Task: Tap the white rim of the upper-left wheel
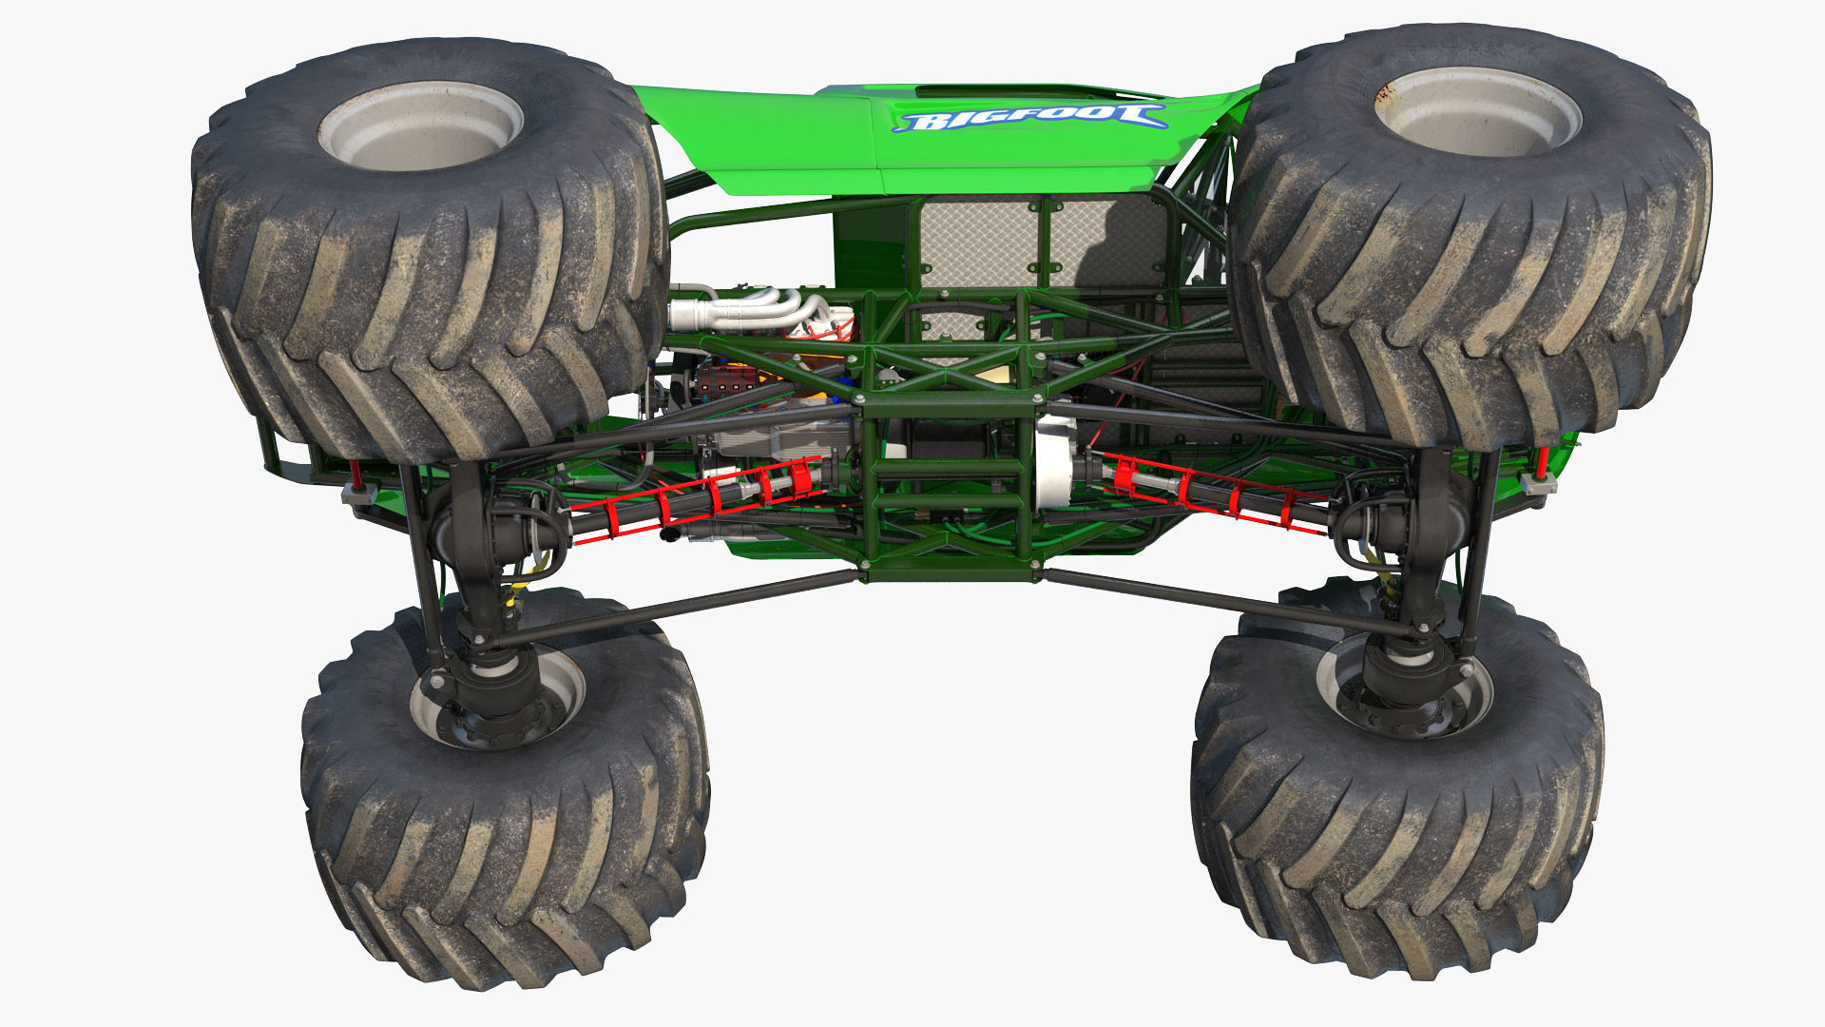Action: click(419, 126)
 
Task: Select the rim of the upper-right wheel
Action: click(1477, 111)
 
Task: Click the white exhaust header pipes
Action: click(751, 311)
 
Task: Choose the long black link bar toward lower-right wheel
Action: click(1226, 599)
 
